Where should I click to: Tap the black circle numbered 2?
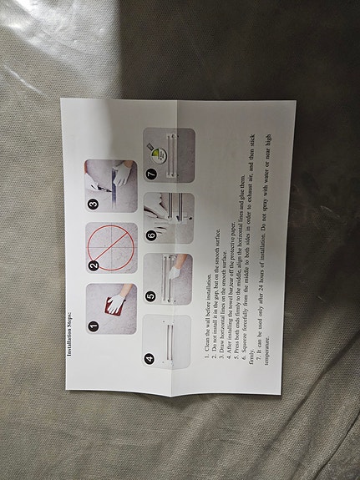[94, 265]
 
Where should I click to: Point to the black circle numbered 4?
[150, 361]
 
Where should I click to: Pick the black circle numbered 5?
[150, 295]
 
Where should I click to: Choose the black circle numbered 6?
[150, 235]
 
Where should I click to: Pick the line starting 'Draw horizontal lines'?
[221, 306]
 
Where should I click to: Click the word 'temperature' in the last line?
[270, 344]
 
